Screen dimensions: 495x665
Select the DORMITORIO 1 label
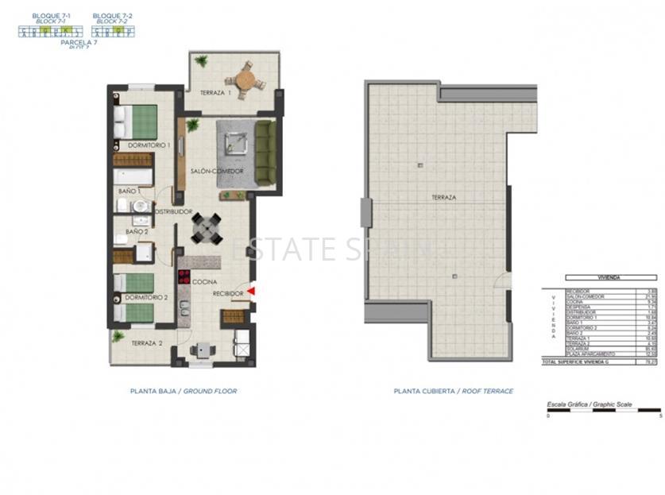[149, 145]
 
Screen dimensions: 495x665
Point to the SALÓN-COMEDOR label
[216, 172]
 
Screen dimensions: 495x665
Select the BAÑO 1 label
[129, 191]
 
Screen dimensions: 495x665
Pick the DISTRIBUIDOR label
[173, 211]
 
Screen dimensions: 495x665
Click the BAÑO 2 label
[136, 232]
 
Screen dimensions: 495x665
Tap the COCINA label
[205, 281]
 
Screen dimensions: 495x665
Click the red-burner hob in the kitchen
[184, 278]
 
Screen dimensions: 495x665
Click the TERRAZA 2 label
[148, 343]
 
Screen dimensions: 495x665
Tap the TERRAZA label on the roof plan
[443, 197]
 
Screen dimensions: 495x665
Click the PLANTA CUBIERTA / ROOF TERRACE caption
[453, 391]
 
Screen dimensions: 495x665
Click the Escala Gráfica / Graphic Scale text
[589, 404]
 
